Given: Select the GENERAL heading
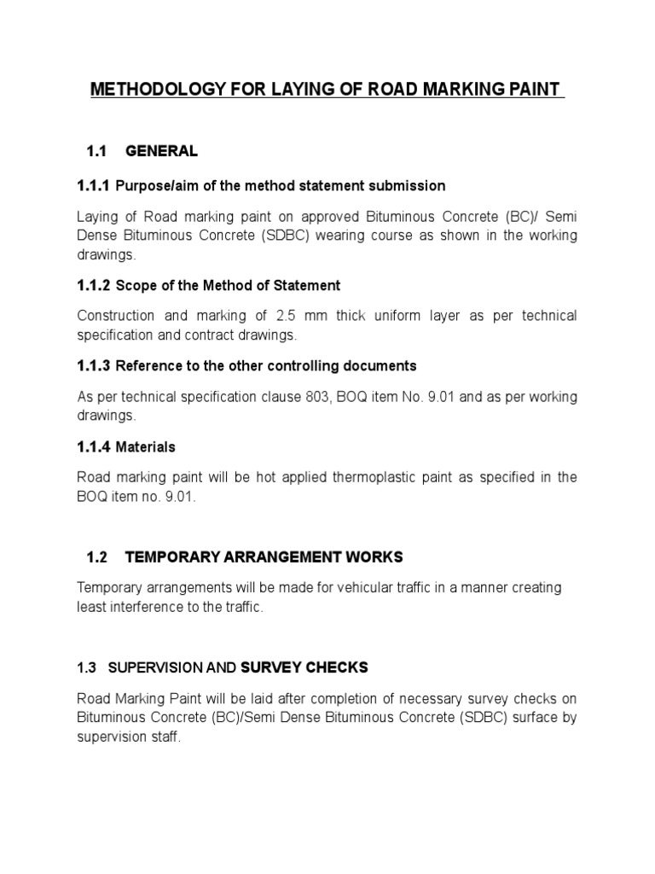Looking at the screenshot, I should click(x=161, y=151).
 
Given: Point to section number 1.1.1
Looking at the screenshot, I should click(x=94, y=185).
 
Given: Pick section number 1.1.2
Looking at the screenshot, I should click(x=94, y=285).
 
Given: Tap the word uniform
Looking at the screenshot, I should click(x=404, y=316).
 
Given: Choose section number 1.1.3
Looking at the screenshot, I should click(x=94, y=365).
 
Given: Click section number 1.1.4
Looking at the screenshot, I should click(x=94, y=446).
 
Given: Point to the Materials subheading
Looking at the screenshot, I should click(x=145, y=446).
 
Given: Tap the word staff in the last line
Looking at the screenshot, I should click(x=164, y=737).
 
